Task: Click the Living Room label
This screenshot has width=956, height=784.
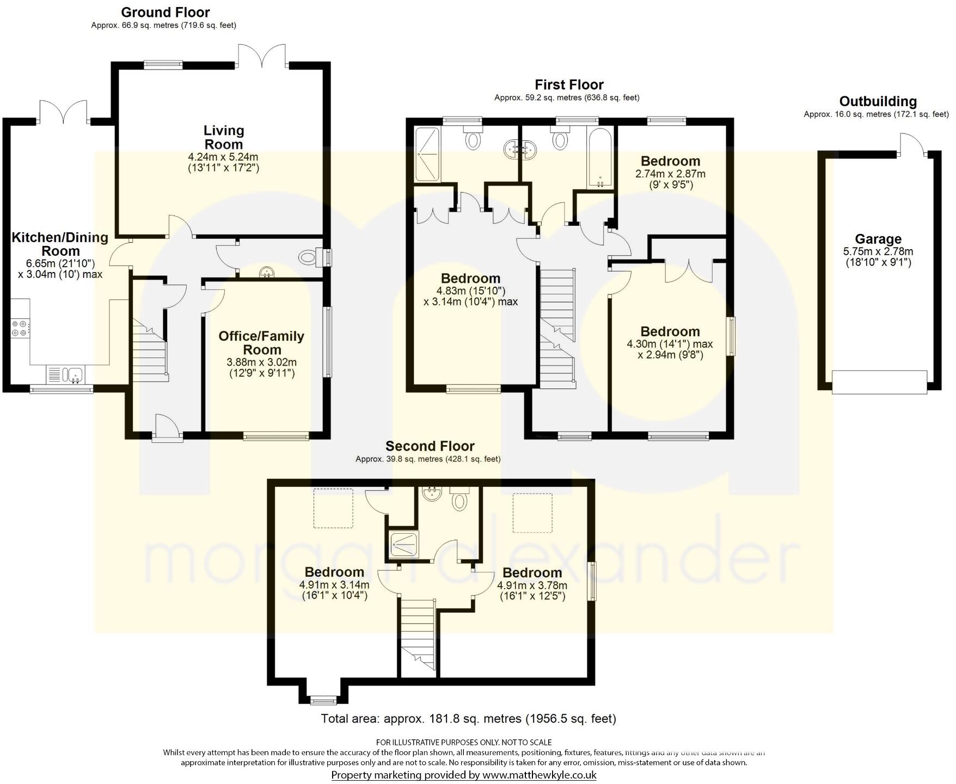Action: (x=223, y=138)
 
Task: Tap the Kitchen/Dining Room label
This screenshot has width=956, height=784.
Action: (x=60, y=244)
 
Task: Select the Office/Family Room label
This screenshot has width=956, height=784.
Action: (x=261, y=343)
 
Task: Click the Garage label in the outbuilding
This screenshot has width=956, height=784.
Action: (x=878, y=239)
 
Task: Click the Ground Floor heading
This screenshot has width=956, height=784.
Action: (x=165, y=12)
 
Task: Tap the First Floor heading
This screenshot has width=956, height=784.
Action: (x=569, y=84)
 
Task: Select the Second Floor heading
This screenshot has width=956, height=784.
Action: (x=430, y=446)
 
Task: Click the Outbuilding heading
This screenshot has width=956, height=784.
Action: (x=878, y=101)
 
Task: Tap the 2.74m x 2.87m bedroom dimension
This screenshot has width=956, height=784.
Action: (x=670, y=174)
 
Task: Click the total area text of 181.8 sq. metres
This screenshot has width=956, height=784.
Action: (x=468, y=719)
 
